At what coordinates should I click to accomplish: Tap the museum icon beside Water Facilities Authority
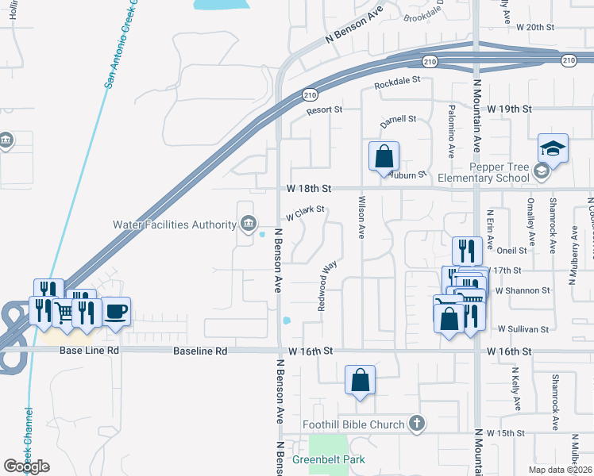(x=247, y=224)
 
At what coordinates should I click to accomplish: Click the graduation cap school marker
(x=552, y=148)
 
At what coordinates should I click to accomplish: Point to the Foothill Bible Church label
(x=353, y=424)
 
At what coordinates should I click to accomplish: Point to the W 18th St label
(x=309, y=189)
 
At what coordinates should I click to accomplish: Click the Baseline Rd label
(x=199, y=350)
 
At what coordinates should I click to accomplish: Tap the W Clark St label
(x=306, y=213)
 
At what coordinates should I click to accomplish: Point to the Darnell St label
(x=399, y=120)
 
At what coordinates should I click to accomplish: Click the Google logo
(x=26, y=466)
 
